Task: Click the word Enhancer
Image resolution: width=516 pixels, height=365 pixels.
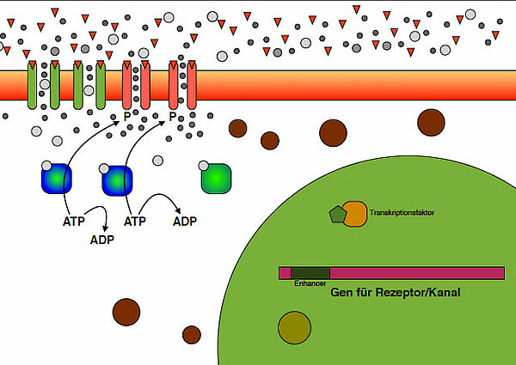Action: [x=309, y=283]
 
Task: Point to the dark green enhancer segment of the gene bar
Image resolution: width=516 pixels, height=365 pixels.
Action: [x=310, y=272]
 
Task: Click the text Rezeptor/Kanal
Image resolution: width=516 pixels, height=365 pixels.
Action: [x=418, y=292]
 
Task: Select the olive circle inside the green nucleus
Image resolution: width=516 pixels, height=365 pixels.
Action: [x=294, y=327]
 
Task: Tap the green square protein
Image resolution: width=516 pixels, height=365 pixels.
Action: [x=216, y=178]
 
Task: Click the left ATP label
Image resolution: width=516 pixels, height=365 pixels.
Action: [x=75, y=221]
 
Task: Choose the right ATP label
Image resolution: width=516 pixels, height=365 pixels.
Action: [x=136, y=221]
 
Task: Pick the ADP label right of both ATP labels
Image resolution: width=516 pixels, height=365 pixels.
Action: [x=185, y=221]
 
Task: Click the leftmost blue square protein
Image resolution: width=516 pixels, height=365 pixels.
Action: [x=57, y=179]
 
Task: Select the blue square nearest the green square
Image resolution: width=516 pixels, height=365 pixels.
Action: [x=117, y=181]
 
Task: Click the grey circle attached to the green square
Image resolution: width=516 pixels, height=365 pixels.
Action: [x=204, y=165]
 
